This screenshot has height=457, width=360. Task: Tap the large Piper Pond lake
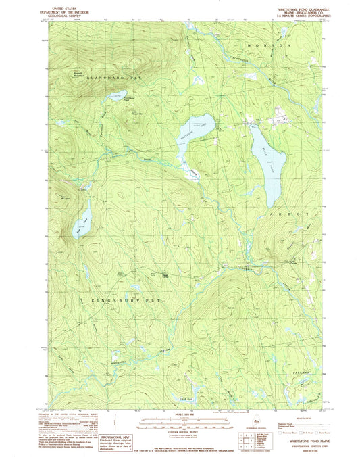pos(265,159)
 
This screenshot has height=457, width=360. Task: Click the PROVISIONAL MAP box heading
pos(98,418)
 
